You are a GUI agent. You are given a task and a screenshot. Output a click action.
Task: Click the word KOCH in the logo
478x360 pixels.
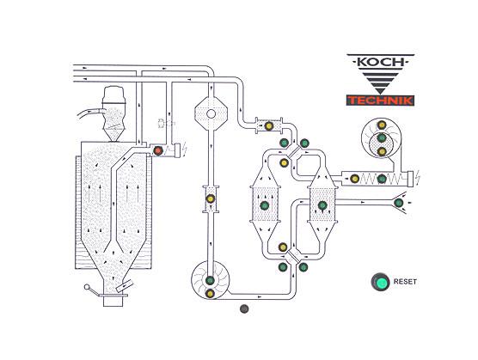[x=381, y=62]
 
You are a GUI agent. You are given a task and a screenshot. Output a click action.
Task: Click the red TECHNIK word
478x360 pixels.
[x=380, y=101]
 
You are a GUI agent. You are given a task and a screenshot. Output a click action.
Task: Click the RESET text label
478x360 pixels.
[x=405, y=282]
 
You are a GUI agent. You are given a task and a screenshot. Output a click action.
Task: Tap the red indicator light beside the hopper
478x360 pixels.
[x=158, y=150]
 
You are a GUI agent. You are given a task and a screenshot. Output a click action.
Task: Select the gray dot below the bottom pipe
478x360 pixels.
[x=244, y=308]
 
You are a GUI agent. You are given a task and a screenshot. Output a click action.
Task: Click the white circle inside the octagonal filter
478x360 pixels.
[x=211, y=114]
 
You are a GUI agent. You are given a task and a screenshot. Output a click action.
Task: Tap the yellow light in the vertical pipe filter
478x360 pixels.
[x=211, y=198]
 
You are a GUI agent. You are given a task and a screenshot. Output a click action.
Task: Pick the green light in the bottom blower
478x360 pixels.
[x=210, y=280]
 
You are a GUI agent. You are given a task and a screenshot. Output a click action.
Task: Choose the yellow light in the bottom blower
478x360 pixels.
[x=210, y=294]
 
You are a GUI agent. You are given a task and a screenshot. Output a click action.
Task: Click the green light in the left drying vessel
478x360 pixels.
[x=264, y=205]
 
